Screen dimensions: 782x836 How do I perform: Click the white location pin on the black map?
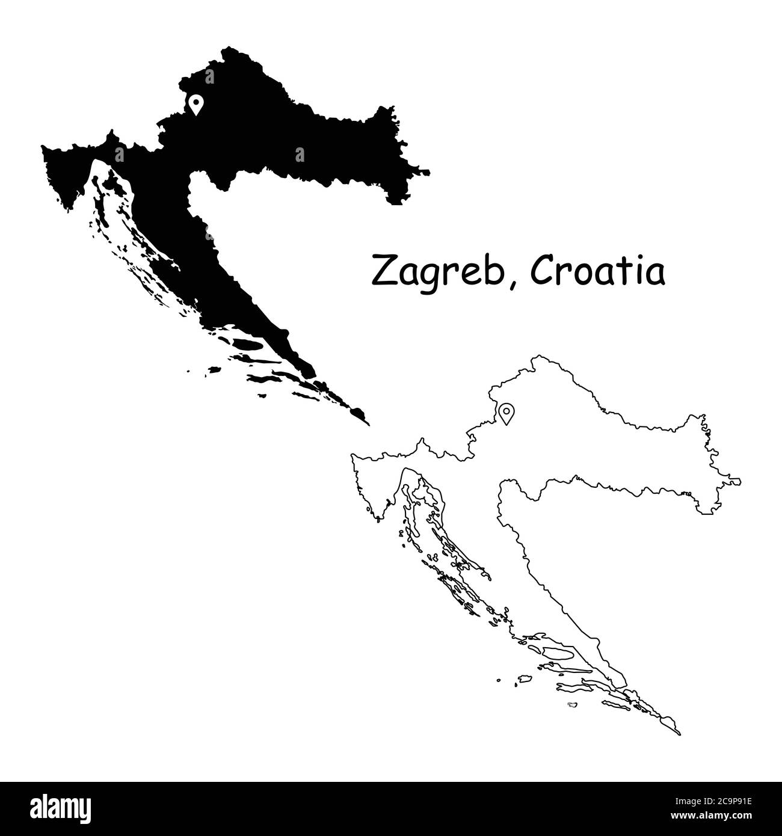pos(195,104)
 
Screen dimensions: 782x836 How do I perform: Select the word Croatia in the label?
pos(598,272)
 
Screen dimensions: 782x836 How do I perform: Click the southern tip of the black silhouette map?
pos(368,425)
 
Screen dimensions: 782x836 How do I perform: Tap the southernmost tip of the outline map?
pos(679,734)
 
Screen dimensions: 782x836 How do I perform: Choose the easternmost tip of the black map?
pos(429,172)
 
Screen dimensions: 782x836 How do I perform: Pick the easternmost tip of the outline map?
pos(740,482)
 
